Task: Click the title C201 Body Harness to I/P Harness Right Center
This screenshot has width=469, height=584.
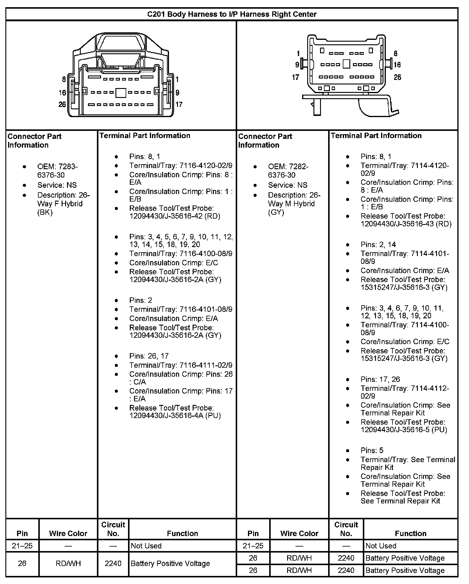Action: [x=232, y=14]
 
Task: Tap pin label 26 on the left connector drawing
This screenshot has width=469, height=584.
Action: [x=62, y=105]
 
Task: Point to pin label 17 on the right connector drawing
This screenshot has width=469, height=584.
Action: [x=296, y=78]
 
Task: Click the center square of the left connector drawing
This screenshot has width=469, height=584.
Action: [x=121, y=93]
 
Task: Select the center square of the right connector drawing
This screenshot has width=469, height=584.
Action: [x=346, y=64]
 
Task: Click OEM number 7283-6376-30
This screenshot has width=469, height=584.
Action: [x=57, y=171]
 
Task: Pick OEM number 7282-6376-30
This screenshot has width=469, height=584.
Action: [x=288, y=171]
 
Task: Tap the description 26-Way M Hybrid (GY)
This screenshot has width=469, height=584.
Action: [x=294, y=204]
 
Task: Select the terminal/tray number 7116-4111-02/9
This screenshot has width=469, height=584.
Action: [x=206, y=365]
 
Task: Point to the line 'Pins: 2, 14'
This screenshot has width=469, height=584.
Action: [x=378, y=245]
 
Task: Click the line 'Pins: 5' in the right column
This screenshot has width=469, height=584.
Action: [x=372, y=450]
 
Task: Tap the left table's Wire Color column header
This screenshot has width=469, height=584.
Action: [x=68, y=533]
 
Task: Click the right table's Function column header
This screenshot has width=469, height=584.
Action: [x=410, y=533]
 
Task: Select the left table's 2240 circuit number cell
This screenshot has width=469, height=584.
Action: [x=113, y=563]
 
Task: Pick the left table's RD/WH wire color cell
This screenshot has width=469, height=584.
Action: [x=68, y=563]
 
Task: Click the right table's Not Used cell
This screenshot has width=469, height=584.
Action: [x=381, y=546]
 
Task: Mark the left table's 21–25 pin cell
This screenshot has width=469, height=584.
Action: [x=22, y=546]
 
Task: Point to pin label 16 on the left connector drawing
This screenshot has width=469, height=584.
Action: [x=62, y=93]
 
